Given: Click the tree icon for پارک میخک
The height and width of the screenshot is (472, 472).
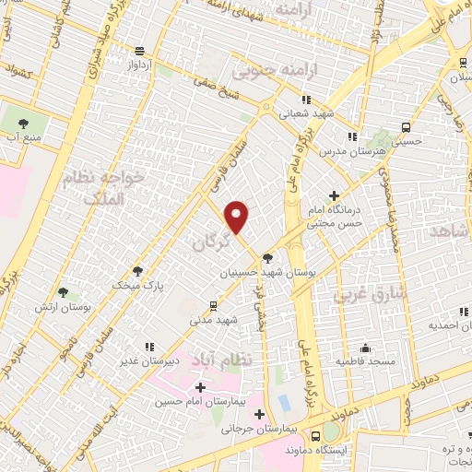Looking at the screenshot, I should click(x=138, y=271).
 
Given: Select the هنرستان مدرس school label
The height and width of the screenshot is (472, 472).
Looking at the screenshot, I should click(x=353, y=149).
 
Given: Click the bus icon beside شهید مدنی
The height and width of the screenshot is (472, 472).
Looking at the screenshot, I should click(x=214, y=305).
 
